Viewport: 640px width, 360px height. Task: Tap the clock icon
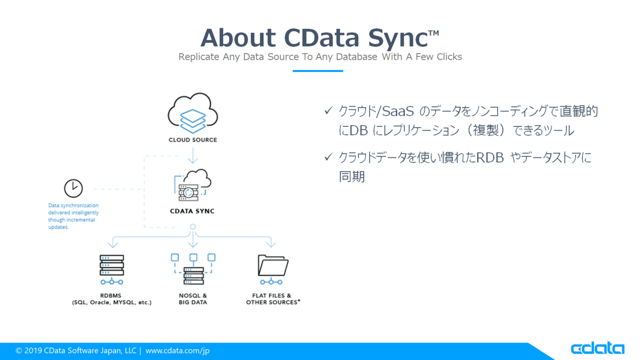74,188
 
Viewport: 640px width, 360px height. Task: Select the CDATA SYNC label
193,211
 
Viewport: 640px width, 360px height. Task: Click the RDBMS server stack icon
111,269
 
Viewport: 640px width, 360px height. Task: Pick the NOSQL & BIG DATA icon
193,269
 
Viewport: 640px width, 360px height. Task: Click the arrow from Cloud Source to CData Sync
193,155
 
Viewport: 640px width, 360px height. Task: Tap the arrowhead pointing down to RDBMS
113,244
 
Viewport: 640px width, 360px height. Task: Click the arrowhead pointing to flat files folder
271,244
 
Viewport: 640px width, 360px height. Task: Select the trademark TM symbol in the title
434,33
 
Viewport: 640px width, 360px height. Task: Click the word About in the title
238,38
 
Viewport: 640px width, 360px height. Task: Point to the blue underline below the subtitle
318,71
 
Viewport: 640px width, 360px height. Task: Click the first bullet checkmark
329,110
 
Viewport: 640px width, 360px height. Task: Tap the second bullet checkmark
329,157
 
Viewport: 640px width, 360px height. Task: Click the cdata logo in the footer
598,348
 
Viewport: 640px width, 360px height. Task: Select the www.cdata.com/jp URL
178,350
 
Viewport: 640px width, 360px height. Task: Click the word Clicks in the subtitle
449,57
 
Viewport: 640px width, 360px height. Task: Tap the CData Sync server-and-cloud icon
193,185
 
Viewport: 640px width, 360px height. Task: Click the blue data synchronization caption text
74,216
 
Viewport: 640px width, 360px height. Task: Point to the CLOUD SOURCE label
193,140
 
